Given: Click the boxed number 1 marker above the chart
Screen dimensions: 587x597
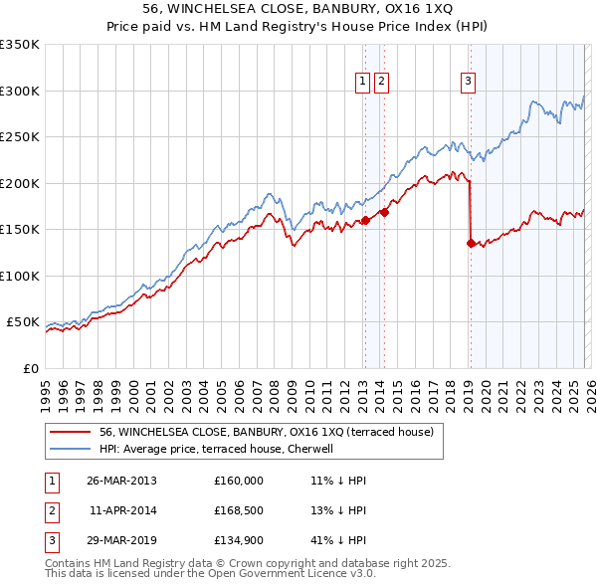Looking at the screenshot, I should (363, 83).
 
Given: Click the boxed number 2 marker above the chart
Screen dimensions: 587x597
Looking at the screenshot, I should (381, 83).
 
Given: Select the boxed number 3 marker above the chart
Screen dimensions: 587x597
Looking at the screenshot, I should (468, 83).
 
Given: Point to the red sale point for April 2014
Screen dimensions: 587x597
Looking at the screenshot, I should (384, 211).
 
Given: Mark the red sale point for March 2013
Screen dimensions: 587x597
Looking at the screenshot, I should (365, 220).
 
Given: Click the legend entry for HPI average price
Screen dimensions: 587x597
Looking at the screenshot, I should (221, 450).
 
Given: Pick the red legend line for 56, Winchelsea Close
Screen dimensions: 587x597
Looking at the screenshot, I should (70, 433).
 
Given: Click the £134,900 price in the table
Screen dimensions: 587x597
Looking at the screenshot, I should (238, 543).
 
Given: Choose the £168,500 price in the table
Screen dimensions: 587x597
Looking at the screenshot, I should (238, 511).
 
